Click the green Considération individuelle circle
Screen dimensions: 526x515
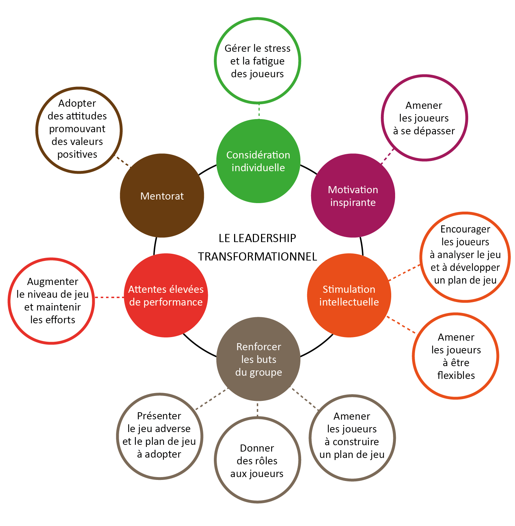coord(258,161)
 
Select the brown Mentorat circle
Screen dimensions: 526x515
coord(162,196)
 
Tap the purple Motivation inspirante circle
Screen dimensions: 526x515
coord(353,196)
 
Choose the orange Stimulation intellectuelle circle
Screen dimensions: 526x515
coord(349,295)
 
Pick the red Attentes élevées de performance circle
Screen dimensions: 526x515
coord(166,295)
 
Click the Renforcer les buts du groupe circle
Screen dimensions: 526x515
coord(259,359)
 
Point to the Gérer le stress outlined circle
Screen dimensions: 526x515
coord(257,61)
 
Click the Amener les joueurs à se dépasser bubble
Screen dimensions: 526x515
coord(424,118)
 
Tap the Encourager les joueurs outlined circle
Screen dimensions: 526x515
coord(465,257)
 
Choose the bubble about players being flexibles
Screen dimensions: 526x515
coord(456,356)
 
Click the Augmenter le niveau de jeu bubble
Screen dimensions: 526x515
coord(52,301)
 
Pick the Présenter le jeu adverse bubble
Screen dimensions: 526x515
coord(159,436)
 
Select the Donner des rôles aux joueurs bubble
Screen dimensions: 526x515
coord(257,460)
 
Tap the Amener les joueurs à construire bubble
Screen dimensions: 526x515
coord(352,436)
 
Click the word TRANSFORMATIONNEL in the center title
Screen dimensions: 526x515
coord(257,256)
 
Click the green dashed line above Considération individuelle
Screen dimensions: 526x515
coord(259,111)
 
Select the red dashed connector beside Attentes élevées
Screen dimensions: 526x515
coord(109,297)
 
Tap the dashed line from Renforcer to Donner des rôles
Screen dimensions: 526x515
coord(257,409)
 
